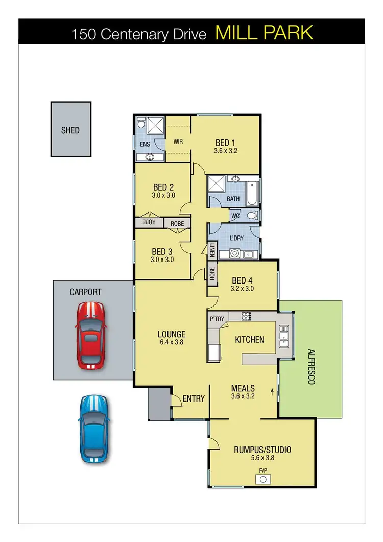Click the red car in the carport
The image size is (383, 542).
tap(90, 335)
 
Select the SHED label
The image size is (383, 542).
tap(70, 130)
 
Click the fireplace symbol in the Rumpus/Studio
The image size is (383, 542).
tap(264, 479)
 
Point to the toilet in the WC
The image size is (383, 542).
tap(251, 216)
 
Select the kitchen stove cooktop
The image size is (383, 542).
tap(246, 316)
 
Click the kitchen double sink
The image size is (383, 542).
tap(284, 336)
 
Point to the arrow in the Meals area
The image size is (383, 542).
tap(272, 393)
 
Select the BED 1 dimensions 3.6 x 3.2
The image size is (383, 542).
tap(226, 151)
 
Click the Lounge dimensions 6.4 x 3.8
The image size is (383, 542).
tap(171, 342)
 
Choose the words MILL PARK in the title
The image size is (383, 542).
tap(264, 33)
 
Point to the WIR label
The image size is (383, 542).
tap(178, 142)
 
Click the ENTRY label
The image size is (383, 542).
tap(194, 398)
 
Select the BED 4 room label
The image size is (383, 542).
tap(243, 280)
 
